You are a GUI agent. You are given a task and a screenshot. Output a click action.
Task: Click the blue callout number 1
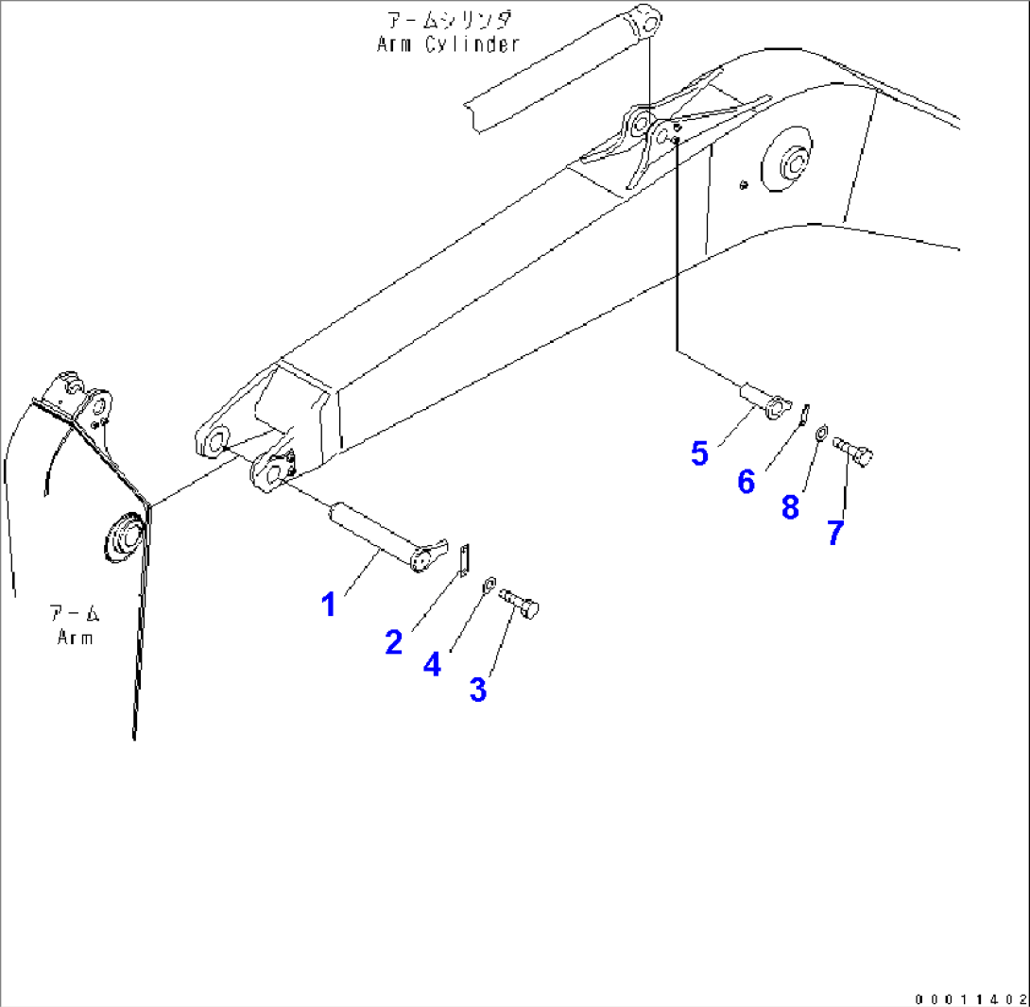pos(329,604)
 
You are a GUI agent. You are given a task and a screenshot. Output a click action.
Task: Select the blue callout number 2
pos(394,642)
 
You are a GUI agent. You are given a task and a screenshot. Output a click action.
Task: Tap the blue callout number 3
pos(478,690)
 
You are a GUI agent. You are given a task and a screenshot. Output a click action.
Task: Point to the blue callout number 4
pos(432,664)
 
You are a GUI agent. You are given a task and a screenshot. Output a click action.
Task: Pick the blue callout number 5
pos(699,453)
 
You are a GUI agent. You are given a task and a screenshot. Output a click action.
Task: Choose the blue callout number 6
pos(747,482)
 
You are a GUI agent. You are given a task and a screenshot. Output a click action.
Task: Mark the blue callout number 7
pos(834,533)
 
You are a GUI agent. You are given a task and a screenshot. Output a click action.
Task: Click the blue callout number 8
pos(790,507)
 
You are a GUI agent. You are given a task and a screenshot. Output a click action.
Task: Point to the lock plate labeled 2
pos(462,559)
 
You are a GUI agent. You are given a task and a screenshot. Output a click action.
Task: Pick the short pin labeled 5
pos(764,398)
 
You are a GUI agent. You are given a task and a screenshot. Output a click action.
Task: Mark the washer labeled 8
pos(821,433)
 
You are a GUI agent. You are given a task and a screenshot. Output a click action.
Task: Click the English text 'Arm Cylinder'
pos(448,44)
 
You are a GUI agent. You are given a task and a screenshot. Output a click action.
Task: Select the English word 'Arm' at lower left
pos(75,637)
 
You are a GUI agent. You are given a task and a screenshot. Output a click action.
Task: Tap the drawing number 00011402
pos(970,998)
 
